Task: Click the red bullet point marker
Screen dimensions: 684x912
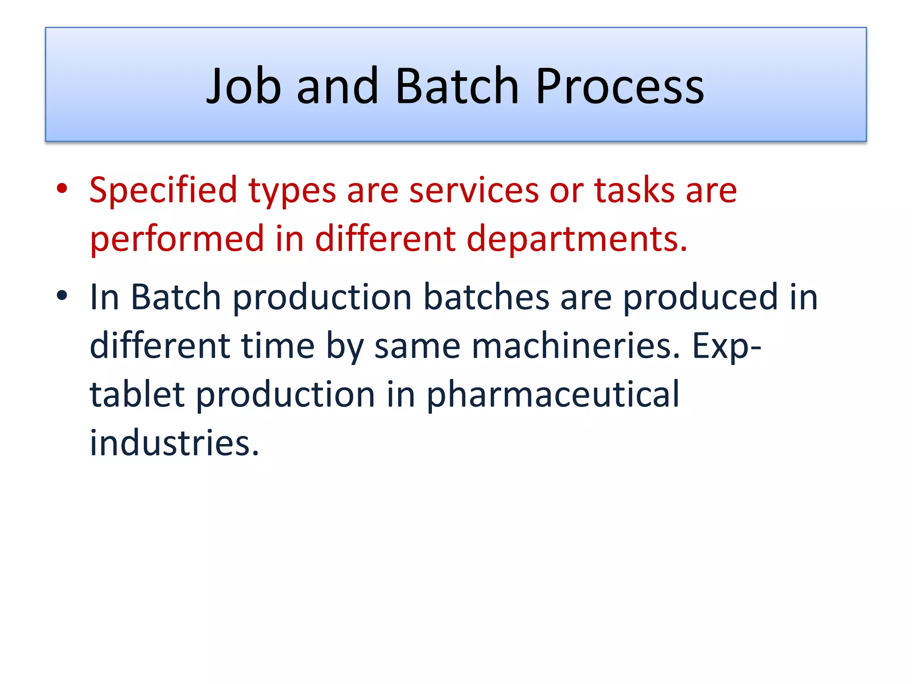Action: (x=62, y=189)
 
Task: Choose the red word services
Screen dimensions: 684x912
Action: (x=473, y=191)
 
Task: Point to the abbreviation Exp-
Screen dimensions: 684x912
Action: (x=726, y=346)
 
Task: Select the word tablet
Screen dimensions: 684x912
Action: (x=137, y=395)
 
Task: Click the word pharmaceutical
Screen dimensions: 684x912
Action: (x=553, y=395)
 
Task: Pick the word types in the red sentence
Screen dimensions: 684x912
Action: (x=292, y=191)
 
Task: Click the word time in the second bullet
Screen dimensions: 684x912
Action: (x=277, y=346)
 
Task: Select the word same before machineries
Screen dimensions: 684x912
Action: (x=417, y=346)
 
